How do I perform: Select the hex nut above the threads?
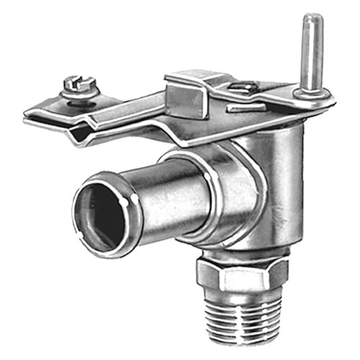[x=242, y=273]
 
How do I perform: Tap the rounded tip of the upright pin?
[x=311, y=19]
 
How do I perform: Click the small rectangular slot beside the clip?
[x=241, y=109]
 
